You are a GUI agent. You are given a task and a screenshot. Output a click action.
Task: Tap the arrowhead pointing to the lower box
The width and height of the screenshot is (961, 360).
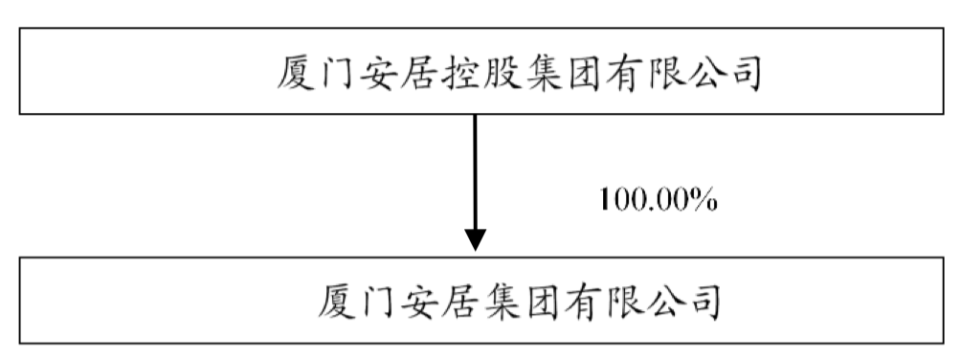476,239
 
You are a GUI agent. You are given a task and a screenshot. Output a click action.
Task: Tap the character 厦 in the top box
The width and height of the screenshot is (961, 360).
299,73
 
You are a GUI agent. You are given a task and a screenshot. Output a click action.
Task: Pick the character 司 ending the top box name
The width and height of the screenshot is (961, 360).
739,73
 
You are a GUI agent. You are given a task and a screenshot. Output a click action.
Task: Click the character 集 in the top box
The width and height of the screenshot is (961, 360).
539,73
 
